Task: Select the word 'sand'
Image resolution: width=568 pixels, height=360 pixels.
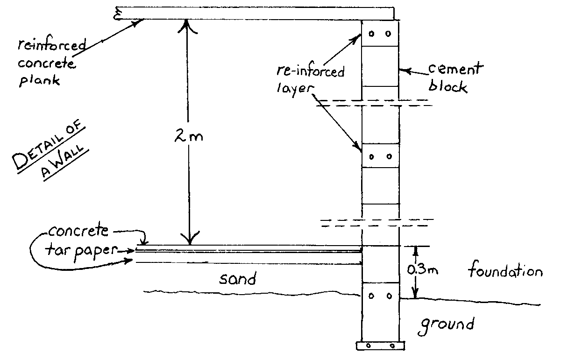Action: click(x=238, y=279)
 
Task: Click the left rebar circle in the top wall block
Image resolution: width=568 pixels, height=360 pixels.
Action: click(x=372, y=34)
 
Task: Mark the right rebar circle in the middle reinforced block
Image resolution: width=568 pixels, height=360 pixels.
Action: click(x=389, y=157)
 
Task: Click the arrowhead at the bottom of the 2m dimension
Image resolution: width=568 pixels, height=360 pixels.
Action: click(x=189, y=240)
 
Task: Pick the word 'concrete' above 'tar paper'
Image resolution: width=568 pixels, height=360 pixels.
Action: click(x=79, y=232)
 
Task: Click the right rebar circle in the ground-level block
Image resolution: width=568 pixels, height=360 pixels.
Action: click(x=389, y=296)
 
